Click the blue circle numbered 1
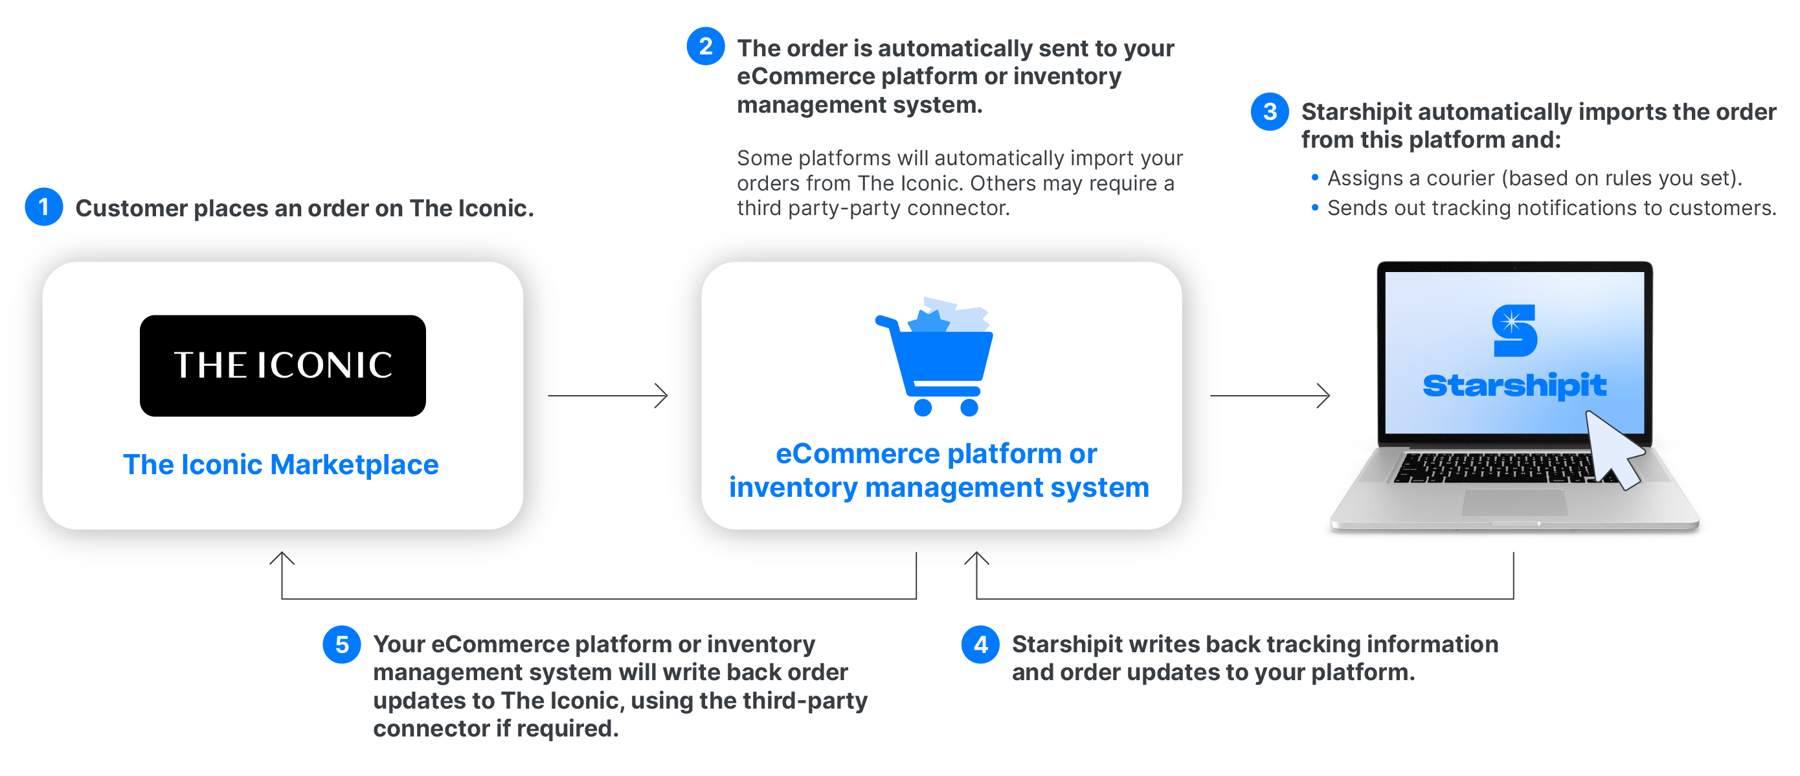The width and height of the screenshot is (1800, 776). click(43, 207)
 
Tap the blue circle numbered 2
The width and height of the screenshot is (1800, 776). click(705, 46)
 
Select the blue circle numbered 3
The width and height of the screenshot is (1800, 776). click(1269, 111)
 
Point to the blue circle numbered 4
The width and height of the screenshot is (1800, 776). click(980, 644)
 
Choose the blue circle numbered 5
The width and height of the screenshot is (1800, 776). click(341, 644)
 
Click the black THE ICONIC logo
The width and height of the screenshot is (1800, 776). click(282, 365)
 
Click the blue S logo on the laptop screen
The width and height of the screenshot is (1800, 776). click(1514, 330)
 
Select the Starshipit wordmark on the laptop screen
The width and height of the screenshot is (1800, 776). click(1514, 385)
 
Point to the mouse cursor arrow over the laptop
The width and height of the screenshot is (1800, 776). click(1614, 448)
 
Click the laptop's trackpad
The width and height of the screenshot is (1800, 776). click(1514, 502)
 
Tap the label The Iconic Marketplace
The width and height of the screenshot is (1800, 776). click(280, 465)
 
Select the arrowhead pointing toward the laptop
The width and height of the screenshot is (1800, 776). click(1324, 396)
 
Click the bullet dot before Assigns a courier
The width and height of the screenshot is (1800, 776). click(1314, 177)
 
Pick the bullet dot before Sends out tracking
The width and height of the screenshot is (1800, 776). click(1314, 208)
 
